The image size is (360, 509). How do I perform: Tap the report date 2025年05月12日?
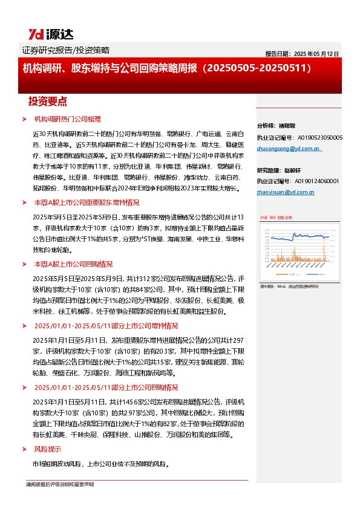pos(302,54)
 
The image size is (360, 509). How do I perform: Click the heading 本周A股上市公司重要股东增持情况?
pos(86,203)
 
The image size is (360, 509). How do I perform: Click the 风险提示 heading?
pos(47,449)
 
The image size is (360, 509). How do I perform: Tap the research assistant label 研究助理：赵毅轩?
pos(278,170)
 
